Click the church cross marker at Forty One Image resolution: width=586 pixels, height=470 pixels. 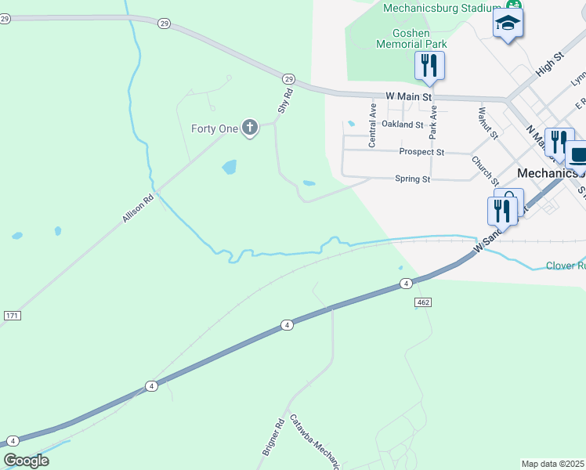pos(250,127)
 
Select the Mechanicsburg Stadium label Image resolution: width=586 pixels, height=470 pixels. pos(441,8)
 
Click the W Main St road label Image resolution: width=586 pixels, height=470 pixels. pos(409,96)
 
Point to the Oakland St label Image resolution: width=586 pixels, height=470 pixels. pos(402,125)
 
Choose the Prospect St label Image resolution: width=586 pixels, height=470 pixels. pos(421,152)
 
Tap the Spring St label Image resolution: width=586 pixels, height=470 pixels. pos(412,179)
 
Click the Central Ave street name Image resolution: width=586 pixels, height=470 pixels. pos(373,124)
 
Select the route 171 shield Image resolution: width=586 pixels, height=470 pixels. pos(12,315)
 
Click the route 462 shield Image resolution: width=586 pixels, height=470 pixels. pos(423,302)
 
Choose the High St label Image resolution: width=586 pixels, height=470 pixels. pos(550,65)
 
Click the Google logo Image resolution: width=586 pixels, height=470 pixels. pos(26,461)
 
